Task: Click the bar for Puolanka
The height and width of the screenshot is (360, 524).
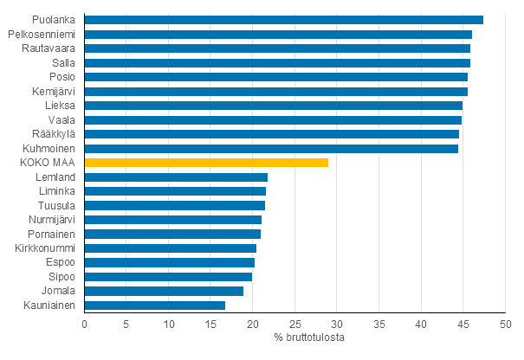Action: tap(284, 20)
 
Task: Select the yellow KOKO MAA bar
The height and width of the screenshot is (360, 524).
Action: tap(206, 162)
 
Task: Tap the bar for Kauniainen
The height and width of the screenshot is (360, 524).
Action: tap(155, 305)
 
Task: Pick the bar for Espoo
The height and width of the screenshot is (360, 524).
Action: tap(170, 262)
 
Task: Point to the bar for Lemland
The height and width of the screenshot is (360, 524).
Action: tap(176, 177)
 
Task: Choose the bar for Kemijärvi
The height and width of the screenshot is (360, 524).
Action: tap(276, 91)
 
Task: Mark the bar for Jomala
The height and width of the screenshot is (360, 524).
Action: tap(164, 291)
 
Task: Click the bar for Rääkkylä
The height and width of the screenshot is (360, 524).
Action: tap(272, 134)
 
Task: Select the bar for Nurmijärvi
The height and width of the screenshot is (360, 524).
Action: tap(173, 219)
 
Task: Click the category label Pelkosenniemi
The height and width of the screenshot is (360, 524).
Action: tap(41, 34)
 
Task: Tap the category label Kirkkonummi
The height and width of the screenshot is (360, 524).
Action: tap(45, 247)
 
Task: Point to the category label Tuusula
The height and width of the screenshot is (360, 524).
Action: tap(56, 205)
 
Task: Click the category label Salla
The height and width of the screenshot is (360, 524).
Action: tap(63, 62)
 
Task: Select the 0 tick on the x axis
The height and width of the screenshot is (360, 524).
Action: tap(85, 324)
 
